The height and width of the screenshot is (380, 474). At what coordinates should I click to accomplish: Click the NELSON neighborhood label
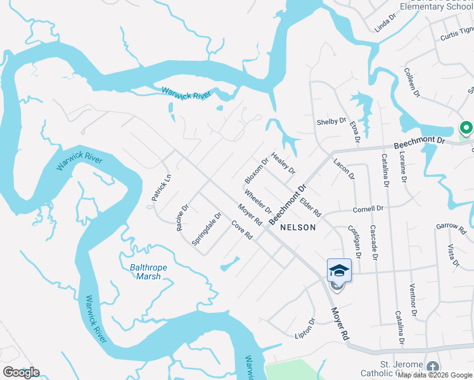pos(297,227)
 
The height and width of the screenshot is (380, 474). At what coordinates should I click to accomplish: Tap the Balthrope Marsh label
pos(144,272)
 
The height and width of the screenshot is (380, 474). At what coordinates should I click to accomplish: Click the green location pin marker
pos(466,129)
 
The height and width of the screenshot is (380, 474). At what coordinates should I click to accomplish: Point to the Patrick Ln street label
pos(161,188)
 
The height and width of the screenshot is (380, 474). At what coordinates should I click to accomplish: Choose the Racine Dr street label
pos(183,217)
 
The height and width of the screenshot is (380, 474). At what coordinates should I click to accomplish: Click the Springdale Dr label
pos(207,229)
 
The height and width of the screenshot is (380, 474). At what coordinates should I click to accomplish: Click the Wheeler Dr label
pos(258,202)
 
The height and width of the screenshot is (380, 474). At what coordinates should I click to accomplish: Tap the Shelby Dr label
pos(331,121)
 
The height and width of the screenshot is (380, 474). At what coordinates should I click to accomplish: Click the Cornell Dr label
pos(368,208)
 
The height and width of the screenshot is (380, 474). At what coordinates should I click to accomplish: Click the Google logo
pos(21,372)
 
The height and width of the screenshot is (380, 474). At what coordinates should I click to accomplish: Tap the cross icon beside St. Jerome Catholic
pos(432,368)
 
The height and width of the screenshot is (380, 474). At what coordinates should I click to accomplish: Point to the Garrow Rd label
pos(451,226)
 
